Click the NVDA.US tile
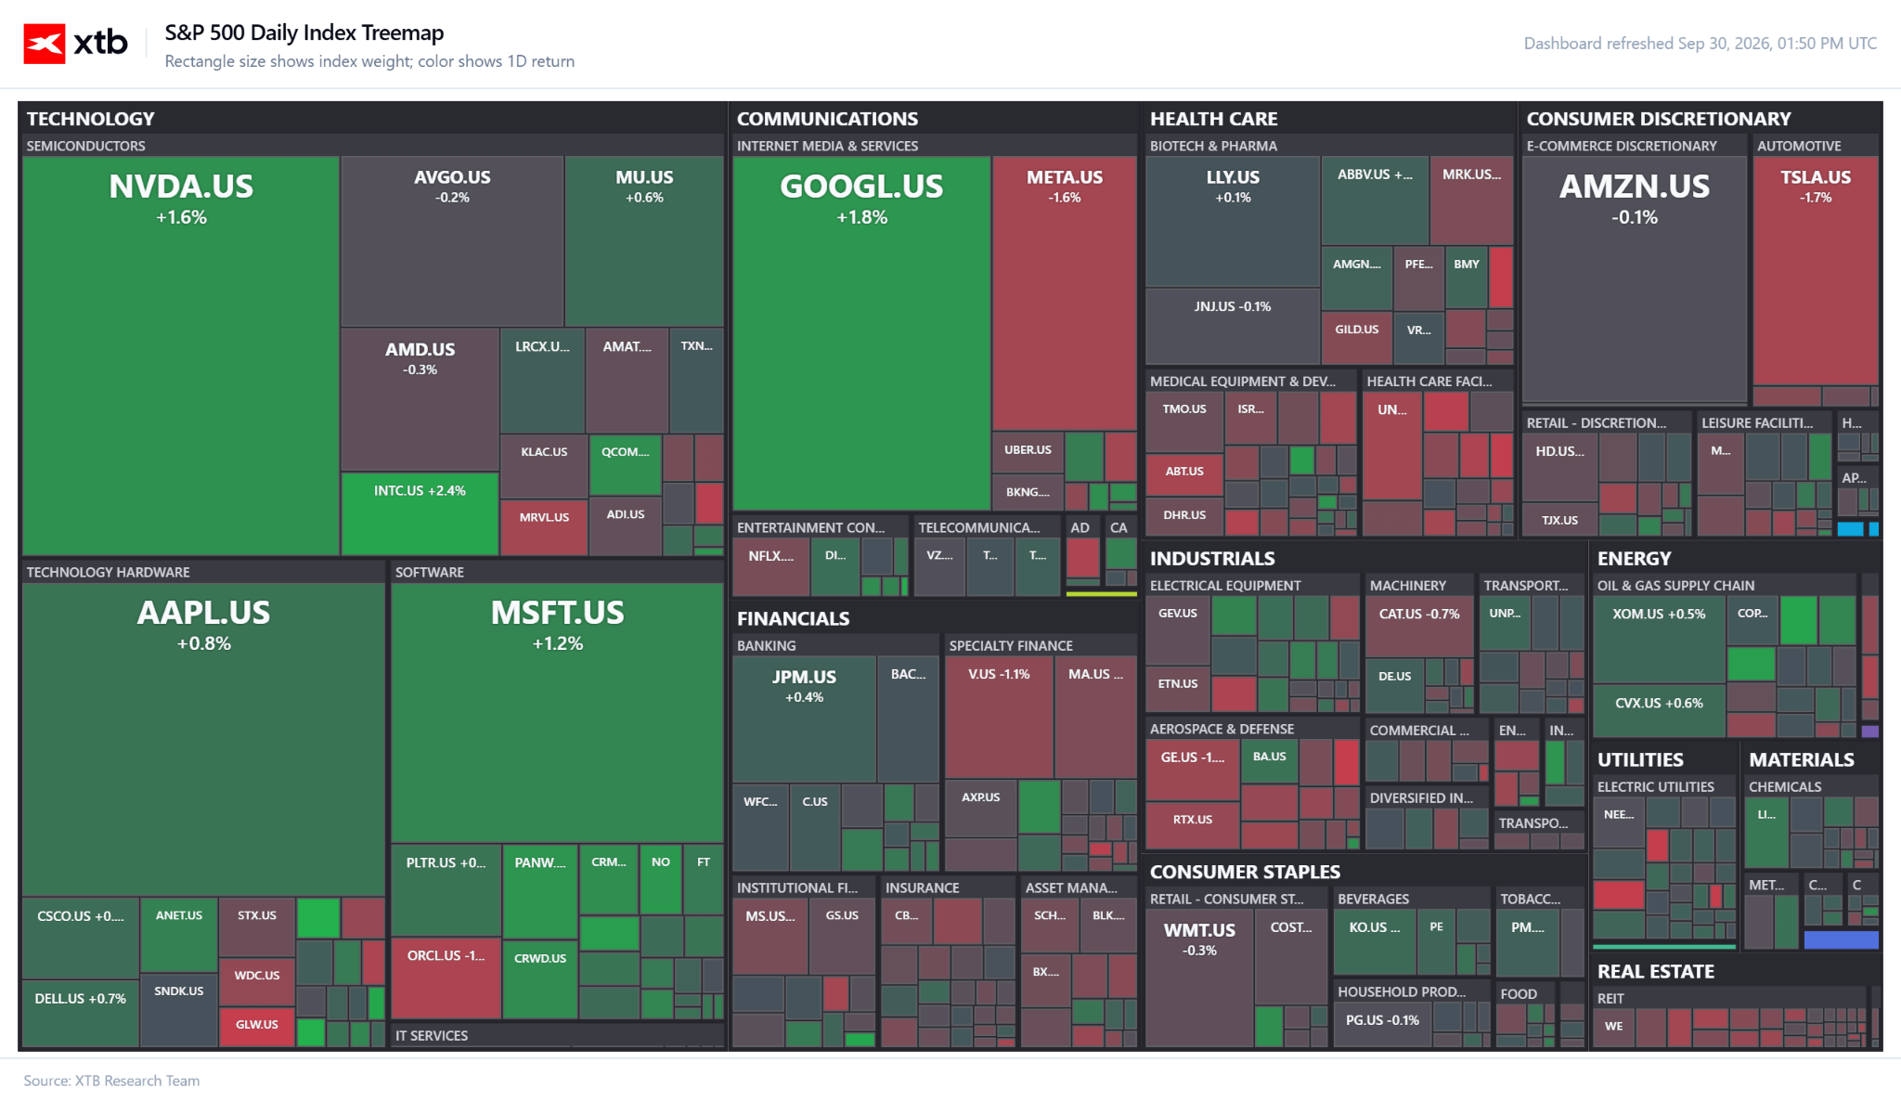181,356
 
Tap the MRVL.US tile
544,527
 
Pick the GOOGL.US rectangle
861,333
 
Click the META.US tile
1064,292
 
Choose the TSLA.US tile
1816,270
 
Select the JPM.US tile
804,719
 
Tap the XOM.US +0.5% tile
1659,640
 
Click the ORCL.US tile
446,978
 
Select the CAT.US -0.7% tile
1419,627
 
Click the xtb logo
76,44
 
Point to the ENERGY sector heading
1634,558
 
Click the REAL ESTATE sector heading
1655,971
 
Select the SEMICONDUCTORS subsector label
85,146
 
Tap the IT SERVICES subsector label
432,1035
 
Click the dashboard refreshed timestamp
1700,44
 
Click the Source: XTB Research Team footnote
111,1081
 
